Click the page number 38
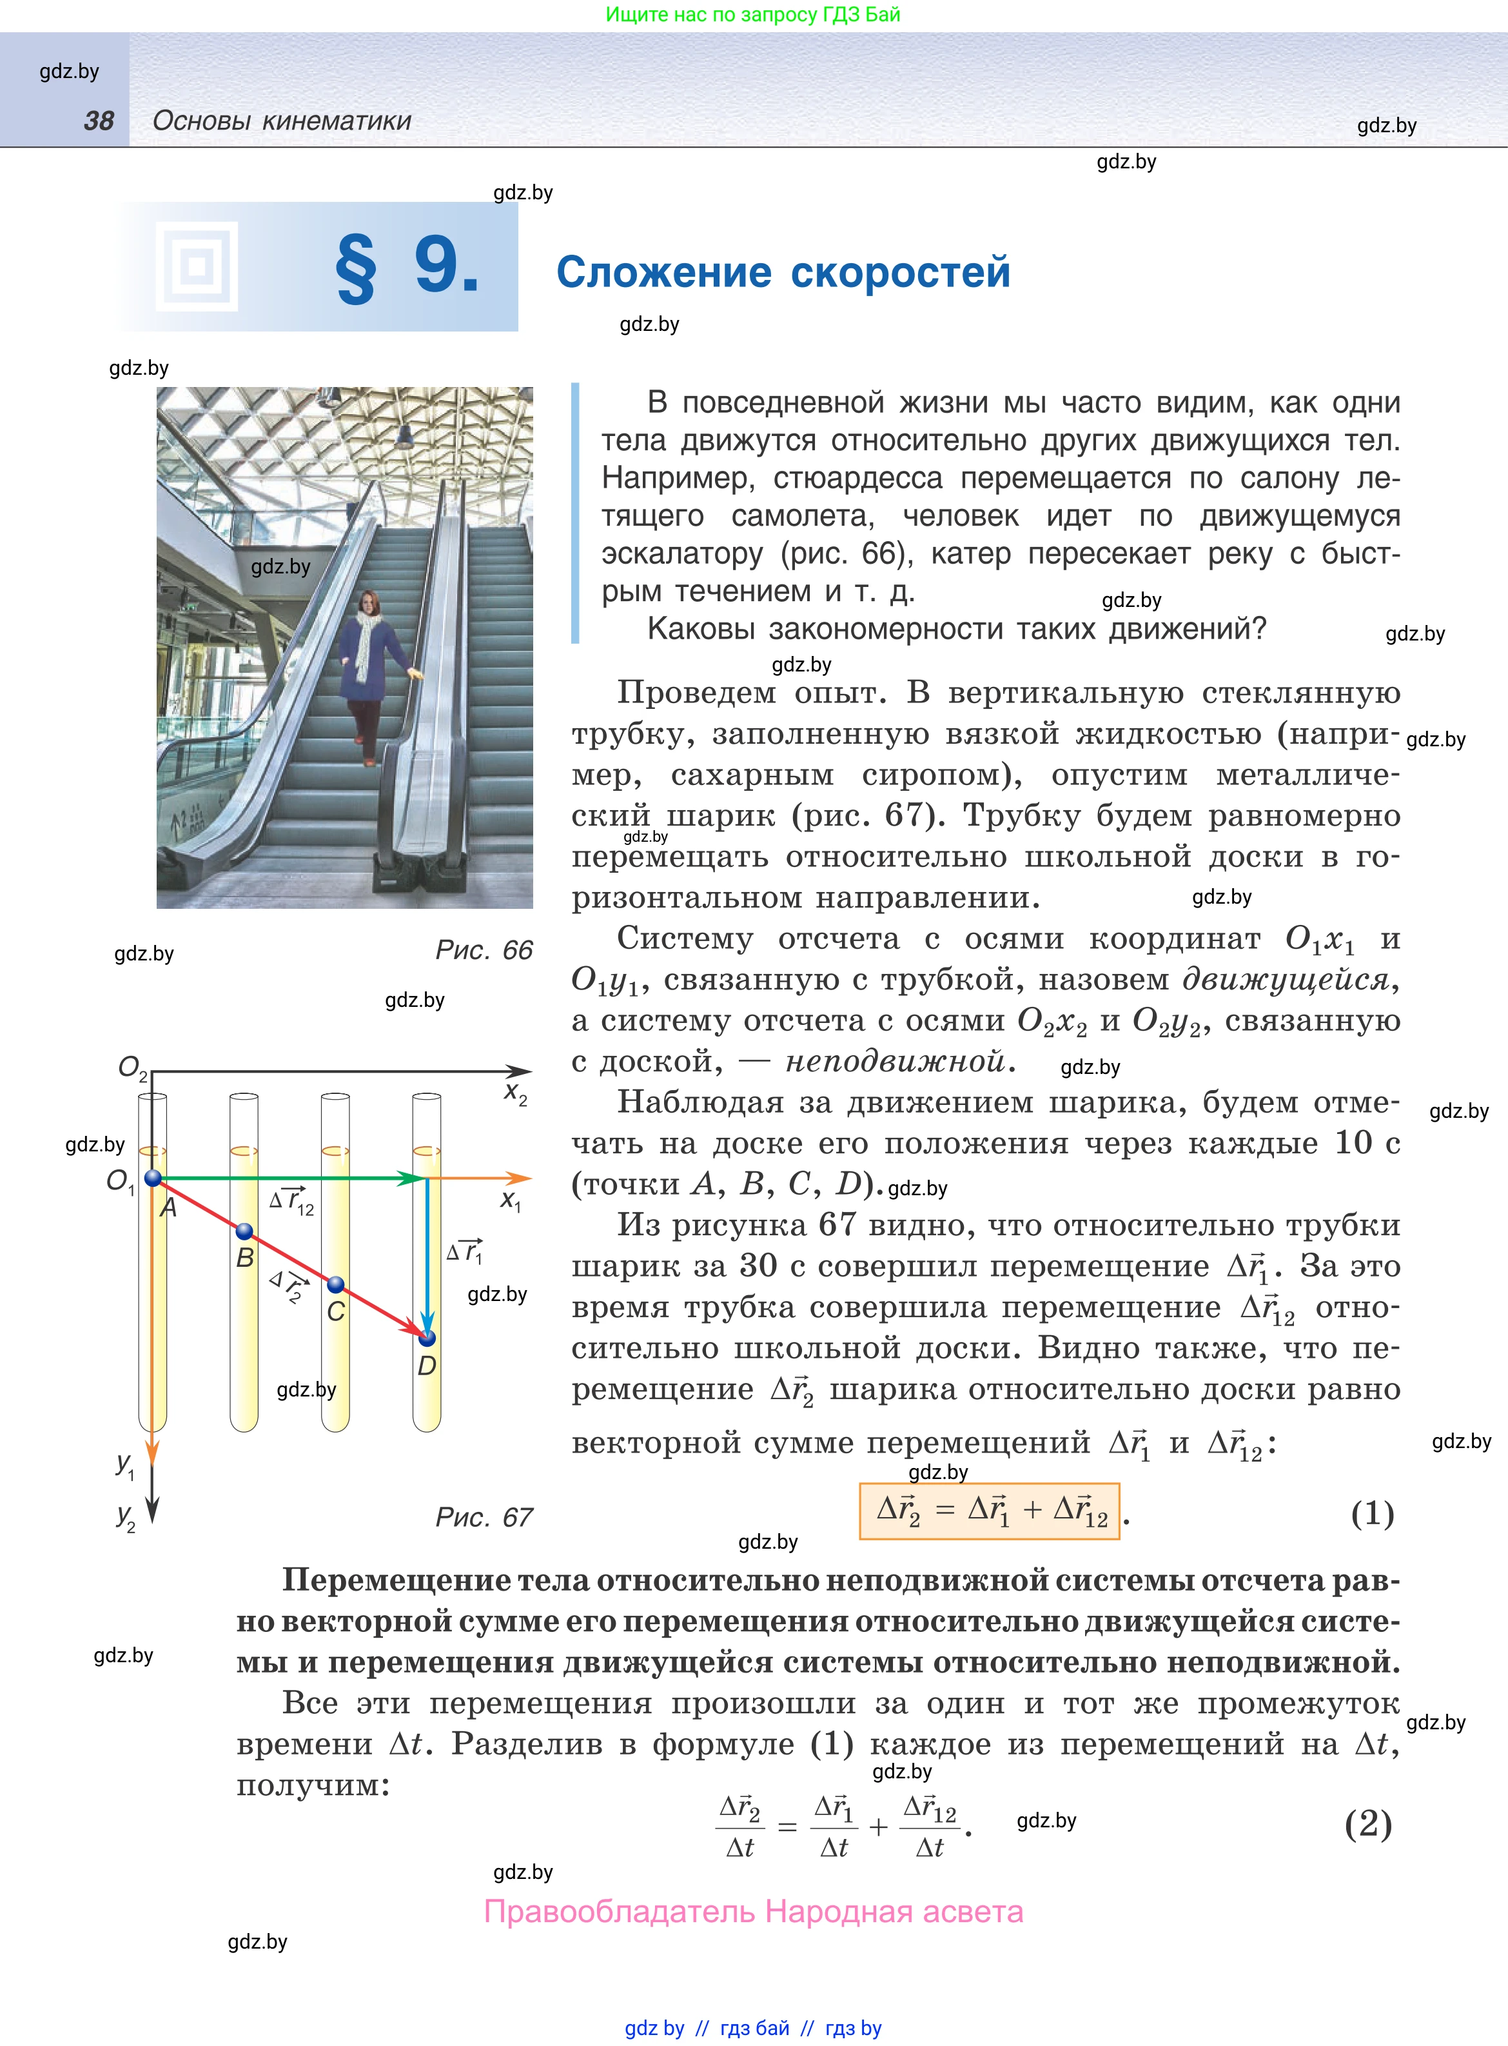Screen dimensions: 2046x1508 pos(99,121)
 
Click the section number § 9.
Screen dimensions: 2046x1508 pos(407,266)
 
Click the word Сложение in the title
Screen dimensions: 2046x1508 pos(663,272)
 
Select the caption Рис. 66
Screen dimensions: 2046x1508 pos(483,950)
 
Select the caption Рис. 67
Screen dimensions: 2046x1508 pos(483,1517)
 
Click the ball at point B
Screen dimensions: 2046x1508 pos(244,1231)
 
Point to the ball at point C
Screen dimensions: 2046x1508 pos(336,1286)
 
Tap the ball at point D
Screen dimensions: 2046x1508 pos(427,1338)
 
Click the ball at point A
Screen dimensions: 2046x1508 pos(153,1178)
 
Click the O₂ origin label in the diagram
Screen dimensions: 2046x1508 pos(132,1068)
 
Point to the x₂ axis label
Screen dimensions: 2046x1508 pos(516,1094)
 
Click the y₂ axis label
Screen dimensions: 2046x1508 pos(126,1517)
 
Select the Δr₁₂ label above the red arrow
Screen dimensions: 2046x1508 pos(292,1202)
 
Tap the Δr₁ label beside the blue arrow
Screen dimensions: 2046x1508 pos(465,1251)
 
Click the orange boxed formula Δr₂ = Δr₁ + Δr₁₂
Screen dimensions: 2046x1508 pos(990,1511)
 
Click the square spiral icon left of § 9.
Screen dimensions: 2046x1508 pos(196,266)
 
